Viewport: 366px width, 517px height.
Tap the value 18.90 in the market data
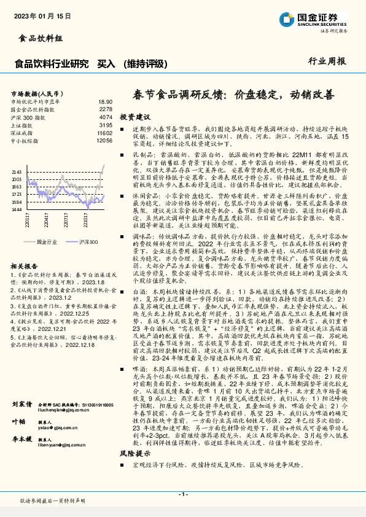[x=105, y=101]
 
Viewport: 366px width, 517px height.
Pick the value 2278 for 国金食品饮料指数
[x=106, y=109]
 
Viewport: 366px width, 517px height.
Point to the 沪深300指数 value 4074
[x=106, y=117]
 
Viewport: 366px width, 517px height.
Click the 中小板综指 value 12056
[x=104, y=140]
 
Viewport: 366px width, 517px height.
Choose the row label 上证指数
[x=22, y=125]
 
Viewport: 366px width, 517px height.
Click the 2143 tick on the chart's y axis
[x=17, y=172]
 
